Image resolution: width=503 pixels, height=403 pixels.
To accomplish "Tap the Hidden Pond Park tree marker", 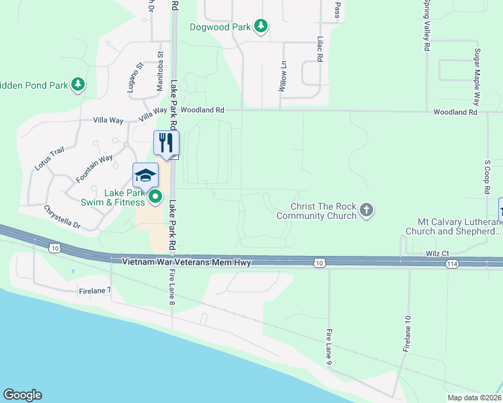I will tap(79, 85).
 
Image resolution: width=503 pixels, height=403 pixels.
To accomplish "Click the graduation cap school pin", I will tap(145, 175).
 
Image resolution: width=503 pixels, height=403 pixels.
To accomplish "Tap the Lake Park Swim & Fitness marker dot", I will tap(155, 197).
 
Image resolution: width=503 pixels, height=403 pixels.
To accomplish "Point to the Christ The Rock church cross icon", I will tap(366, 211).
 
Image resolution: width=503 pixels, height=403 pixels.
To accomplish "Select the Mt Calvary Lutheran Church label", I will tap(453, 226).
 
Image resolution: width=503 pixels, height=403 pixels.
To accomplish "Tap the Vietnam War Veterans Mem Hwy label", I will tap(186, 263).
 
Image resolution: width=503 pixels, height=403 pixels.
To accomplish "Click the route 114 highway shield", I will tap(452, 265).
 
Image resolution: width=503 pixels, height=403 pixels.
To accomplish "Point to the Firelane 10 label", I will tap(407, 334).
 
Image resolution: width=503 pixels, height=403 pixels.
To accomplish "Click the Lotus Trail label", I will tap(48, 158).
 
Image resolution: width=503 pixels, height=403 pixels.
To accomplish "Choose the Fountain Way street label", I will tap(94, 169).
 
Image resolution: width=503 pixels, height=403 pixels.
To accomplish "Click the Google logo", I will tap(22, 395).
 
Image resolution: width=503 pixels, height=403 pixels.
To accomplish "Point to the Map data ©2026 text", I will tap(474, 398).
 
